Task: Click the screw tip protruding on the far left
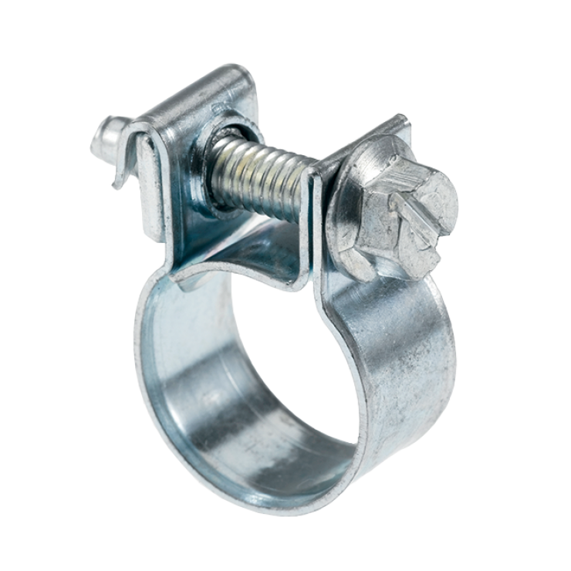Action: click(x=103, y=139)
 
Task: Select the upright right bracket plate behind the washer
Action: click(x=363, y=147)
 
